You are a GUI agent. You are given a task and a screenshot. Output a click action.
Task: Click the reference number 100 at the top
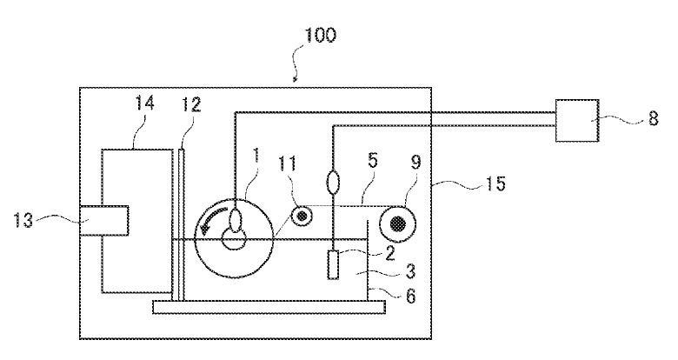(x=321, y=35)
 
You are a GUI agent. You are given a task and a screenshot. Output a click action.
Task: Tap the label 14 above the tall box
(x=144, y=103)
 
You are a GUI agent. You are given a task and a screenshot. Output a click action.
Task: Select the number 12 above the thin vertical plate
(x=191, y=104)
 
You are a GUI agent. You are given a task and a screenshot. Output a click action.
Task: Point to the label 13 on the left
(x=23, y=220)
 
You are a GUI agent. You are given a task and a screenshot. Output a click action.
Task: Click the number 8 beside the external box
(x=654, y=118)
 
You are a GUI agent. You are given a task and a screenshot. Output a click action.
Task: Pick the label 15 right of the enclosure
(x=495, y=183)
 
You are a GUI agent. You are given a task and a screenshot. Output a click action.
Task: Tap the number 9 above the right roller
(x=415, y=163)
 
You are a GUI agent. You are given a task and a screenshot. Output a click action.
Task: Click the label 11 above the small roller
(x=288, y=163)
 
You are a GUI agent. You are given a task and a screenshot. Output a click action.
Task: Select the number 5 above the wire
(x=372, y=161)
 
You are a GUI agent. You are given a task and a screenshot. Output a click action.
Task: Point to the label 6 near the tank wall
(x=410, y=296)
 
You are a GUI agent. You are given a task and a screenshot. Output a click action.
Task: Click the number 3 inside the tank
(x=410, y=271)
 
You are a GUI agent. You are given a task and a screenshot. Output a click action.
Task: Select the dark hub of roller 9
(x=398, y=223)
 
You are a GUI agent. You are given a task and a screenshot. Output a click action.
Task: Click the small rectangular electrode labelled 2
(x=333, y=265)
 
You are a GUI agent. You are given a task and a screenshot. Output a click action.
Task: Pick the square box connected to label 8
(x=577, y=120)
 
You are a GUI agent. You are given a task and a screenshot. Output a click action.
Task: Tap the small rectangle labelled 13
(x=104, y=221)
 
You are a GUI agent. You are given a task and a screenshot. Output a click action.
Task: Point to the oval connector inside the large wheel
(x=236, y=220)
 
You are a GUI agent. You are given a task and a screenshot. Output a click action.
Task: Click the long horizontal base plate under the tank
(x=269, y=307)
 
